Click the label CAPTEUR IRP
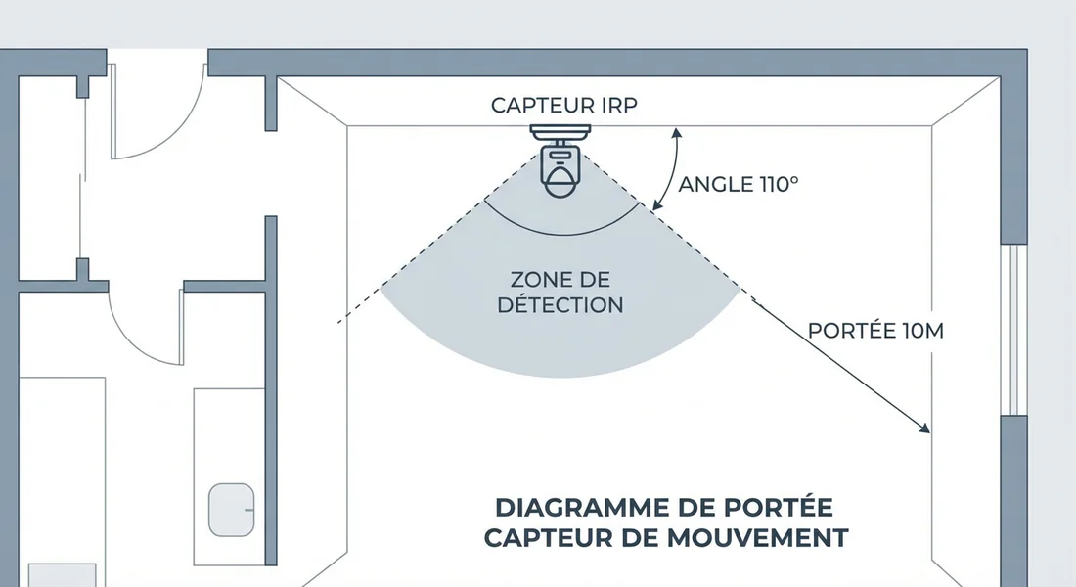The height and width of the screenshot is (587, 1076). (563, 106)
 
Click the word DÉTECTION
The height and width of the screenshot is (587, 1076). (560, 304)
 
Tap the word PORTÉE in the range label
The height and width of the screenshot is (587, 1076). (848, 331)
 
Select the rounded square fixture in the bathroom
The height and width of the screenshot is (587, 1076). (233, 509)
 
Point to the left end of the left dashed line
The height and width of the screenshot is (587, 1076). (339, 322)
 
